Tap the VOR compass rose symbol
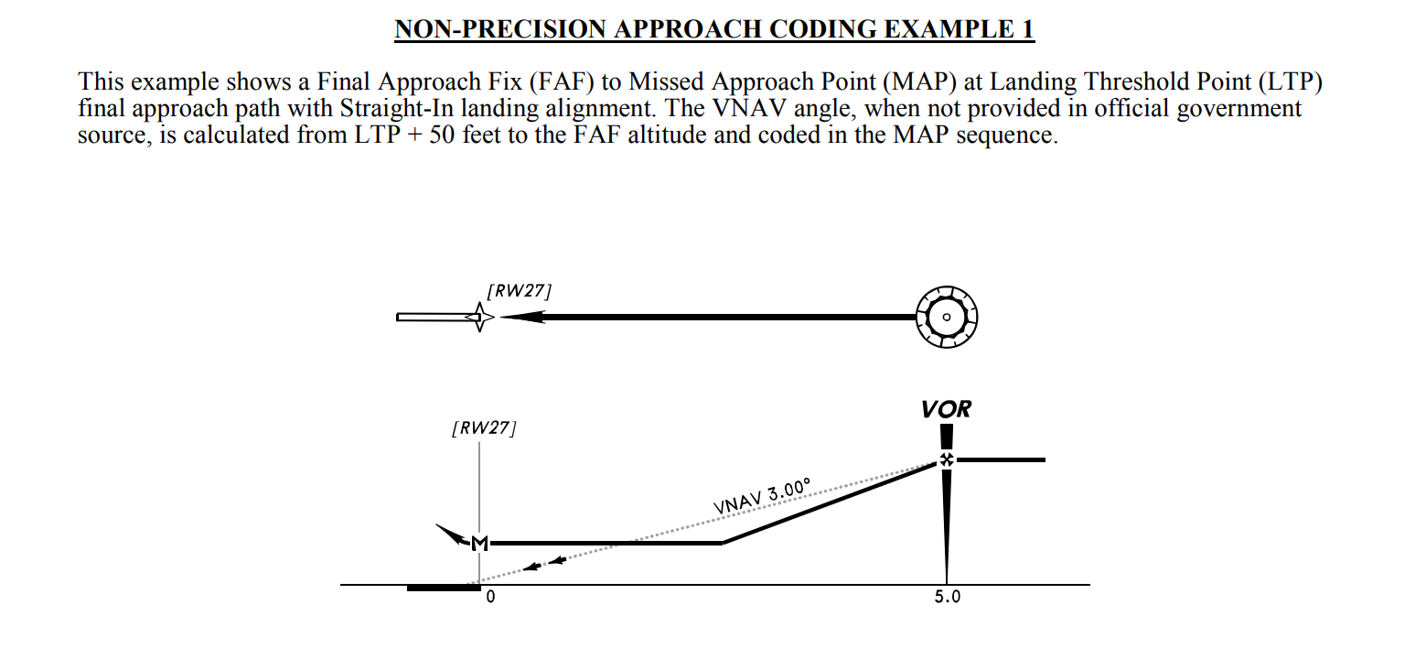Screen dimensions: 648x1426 tap(947, 317)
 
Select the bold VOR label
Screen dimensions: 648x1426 tap(947, 408)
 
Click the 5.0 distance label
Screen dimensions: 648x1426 tap(947, 598)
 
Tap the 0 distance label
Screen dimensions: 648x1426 tap(490, 598)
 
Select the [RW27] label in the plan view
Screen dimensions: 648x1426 tap(520, 292)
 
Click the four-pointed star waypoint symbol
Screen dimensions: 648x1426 tap(479, 317)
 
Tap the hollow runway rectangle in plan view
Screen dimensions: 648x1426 tap(432, 317)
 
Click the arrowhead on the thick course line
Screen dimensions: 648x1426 tap(521, 317)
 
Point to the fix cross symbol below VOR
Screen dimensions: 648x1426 tap(947, 460)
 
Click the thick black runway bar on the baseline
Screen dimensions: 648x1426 tap(443, 588)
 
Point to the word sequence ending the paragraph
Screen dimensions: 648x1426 tap(1013, 135)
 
